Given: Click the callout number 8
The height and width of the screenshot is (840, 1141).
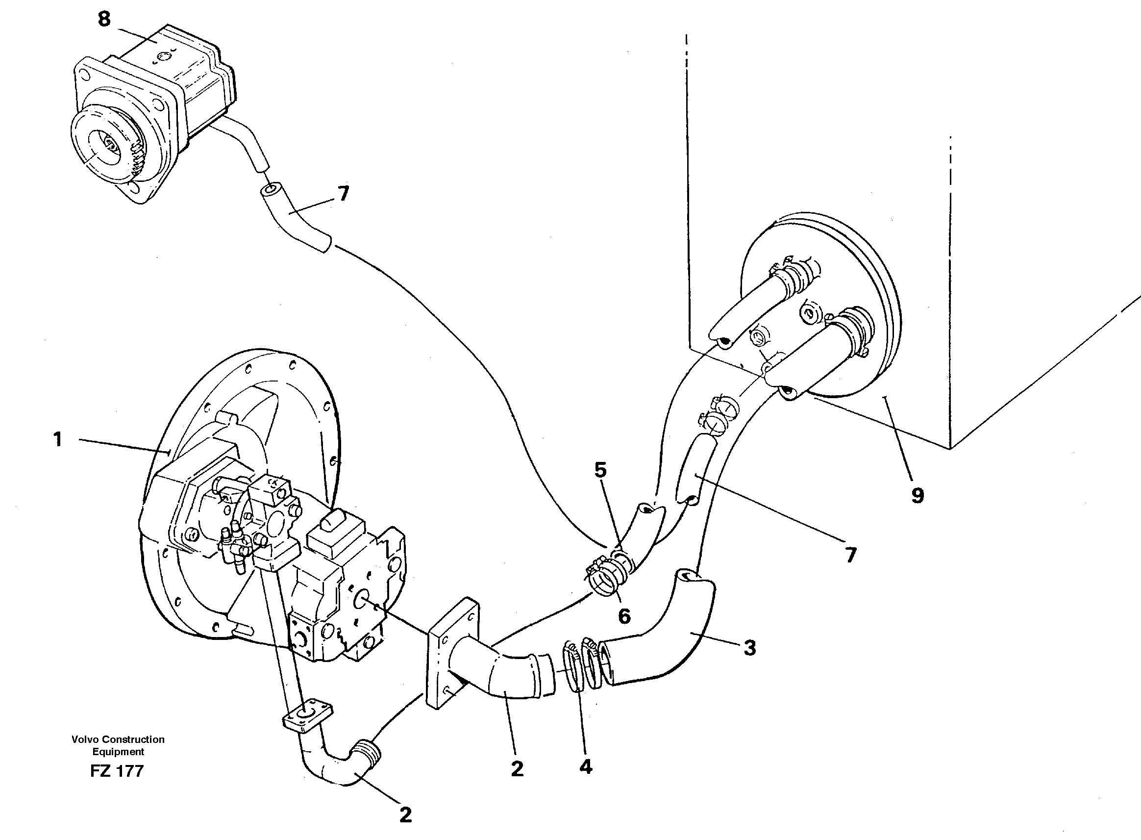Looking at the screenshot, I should point(104,20).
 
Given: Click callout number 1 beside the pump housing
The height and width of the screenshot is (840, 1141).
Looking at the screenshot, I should point(58,439).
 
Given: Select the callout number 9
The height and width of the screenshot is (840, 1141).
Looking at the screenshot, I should point(918,495).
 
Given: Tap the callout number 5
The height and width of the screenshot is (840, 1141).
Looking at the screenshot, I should point(600,470).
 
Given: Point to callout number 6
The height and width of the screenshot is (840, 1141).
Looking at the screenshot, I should point(624,616).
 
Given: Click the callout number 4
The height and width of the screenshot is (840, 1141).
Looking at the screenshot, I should point(586,767).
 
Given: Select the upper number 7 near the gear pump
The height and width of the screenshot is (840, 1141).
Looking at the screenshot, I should point(344,194).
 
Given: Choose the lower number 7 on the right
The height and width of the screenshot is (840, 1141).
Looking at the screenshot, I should point(851,555).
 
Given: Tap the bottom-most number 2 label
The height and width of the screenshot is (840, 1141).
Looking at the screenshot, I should point(405,815).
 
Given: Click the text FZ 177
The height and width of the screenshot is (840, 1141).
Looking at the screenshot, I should point(117,771).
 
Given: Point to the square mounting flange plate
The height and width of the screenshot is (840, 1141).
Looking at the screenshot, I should point(453,653).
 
